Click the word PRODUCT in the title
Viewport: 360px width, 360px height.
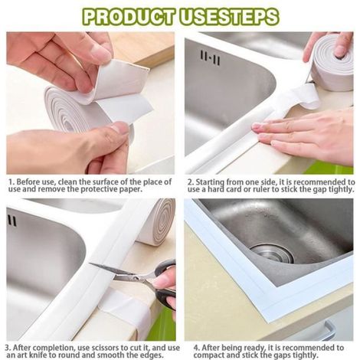[x=129, y=17]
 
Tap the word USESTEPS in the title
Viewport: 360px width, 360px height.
[x=230, y=17]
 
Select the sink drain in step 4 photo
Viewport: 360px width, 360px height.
[x=272, y=254]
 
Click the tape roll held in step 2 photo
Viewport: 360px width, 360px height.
[x=332, y=63]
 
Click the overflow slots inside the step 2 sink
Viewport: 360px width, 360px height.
[x=210, y=57]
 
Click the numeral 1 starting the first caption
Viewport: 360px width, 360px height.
[x=11, y=182]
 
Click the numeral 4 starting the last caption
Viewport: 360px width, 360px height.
[x=196, y=348]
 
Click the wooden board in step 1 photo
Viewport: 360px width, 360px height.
[x=143, y=48]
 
